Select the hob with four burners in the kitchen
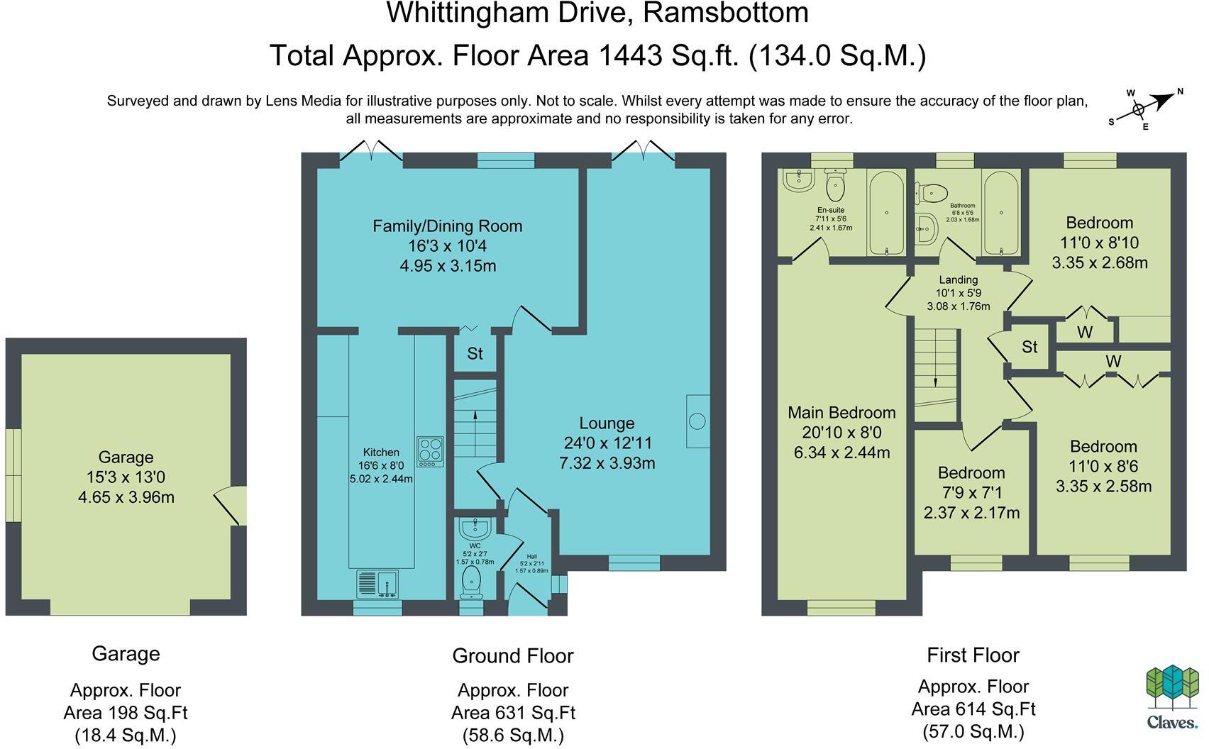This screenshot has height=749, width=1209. coord(430,452)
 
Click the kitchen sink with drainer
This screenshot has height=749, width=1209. coord(377,584)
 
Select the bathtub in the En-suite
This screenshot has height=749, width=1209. coord(886,213)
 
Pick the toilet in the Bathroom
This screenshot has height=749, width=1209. coord(931,193)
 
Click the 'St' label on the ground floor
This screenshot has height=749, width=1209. coord(475,353)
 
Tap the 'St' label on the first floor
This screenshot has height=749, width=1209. coord(1029,347)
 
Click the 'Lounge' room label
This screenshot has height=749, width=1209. coord(607,423)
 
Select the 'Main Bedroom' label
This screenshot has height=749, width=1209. coord(841,413)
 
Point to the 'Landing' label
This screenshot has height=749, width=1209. coord(958,279)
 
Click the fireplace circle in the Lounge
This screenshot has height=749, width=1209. coord(697,421)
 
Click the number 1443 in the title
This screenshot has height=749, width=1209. coord(631,55)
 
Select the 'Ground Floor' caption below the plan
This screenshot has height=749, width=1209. coord(513,655)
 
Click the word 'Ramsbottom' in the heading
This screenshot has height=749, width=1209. coord(726,13)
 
